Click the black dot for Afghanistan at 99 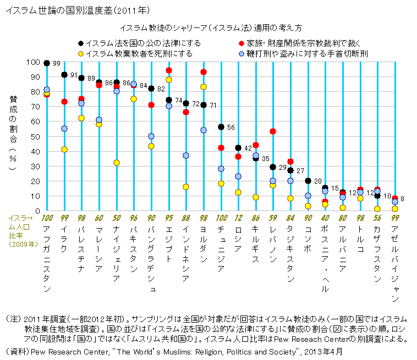[x=47, y=64]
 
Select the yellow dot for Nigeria [x=117, y=163]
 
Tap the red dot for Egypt [x=169, y=70]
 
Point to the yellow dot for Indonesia [x=186, y=187]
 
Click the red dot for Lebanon [x=273, y=131]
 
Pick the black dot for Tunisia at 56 [x=221, y=127]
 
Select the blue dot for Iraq [x=64, y=129]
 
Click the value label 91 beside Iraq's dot [x=74, y=75]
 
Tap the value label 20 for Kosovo [x=318, y=181]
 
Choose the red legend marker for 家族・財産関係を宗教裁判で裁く [x=241, y=43]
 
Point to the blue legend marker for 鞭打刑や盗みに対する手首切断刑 [x=241, y=54]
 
